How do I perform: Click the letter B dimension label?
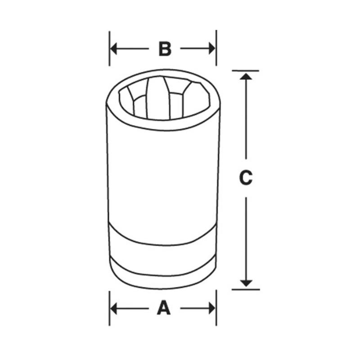[165, 49]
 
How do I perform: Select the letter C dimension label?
[245, 178]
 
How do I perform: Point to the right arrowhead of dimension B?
[211, 49]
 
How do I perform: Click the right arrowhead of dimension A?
[211, 308]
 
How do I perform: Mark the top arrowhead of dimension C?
[245, 76]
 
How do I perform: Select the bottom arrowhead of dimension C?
[245, 283]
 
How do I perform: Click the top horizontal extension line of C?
[245, 71]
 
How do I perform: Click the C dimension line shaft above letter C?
[245, 121]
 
